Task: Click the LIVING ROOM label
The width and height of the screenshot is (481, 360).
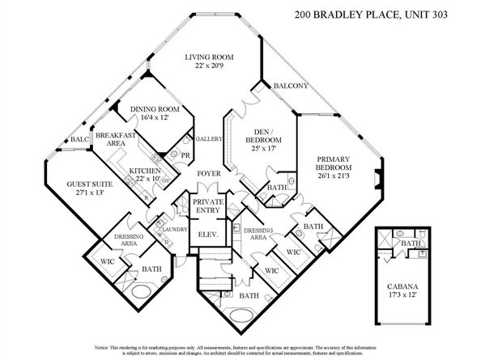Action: tap(208, 57)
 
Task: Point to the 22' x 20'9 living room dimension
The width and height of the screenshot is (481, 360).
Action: tap(208, 66)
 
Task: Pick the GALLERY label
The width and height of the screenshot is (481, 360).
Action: tap(209, 139)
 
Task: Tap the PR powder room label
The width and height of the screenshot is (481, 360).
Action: tap(186, 155)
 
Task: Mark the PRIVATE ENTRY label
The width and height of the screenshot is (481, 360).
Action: tap(207, 205)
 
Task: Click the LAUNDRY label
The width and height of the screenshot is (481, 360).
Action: tap(174, 229)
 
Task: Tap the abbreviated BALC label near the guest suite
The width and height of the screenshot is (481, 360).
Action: tap(79, 140)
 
